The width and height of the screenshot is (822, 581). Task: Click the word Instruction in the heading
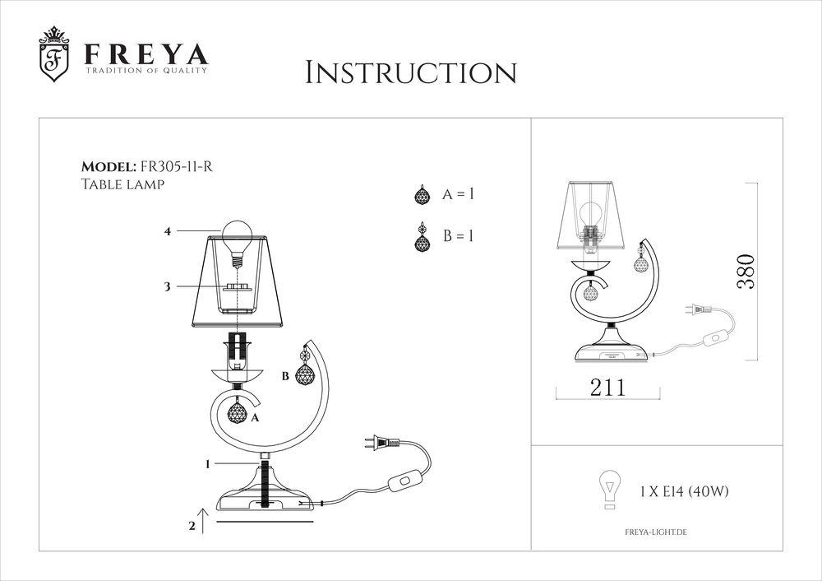pos(411,72)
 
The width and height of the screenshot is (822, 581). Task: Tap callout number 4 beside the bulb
pos(167,232)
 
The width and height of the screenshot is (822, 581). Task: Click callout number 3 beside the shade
pos(167,286)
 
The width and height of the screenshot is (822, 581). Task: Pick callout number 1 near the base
pos(209,464)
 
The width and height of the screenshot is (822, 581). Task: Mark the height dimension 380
pos(746,272)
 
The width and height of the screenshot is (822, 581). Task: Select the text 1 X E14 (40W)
pos(684,492)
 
